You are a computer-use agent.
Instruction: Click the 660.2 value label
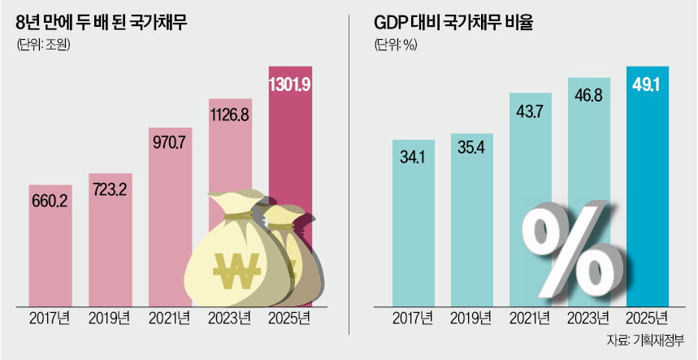tap(50, 200)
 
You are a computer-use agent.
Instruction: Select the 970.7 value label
tap(171, 143)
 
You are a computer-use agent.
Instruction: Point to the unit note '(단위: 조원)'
tap(43, 45)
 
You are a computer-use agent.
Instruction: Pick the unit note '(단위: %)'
tap(396, 45)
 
